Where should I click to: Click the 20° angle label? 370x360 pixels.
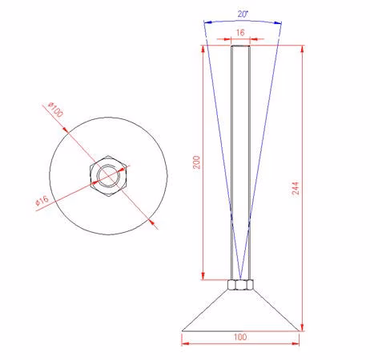tap(243, 14)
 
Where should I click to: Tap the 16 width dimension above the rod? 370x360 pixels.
tap(240, 33)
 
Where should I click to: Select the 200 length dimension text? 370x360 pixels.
tap(196, 162)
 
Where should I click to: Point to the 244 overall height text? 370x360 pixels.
tap(295, 188)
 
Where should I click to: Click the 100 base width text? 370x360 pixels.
tap(240, 337)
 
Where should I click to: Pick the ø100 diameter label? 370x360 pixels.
tap(55, 110)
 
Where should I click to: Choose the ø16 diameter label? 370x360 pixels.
tap(42, 201)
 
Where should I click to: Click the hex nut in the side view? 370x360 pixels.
tap(240, 285)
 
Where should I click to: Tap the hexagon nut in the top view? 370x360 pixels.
tap(108, 176)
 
